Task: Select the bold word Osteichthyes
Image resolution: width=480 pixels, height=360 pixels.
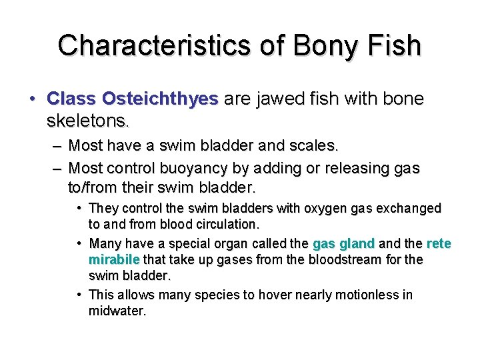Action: pyautogui.click(x=160, y=99)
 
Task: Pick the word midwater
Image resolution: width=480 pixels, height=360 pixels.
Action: pyautogui.click(x=116, y=311)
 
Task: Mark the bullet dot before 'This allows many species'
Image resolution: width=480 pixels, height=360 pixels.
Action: pyautogui.click(x=79, y=295)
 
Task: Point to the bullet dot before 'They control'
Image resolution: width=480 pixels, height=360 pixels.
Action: pyautogui.click(x=79, y=209)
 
